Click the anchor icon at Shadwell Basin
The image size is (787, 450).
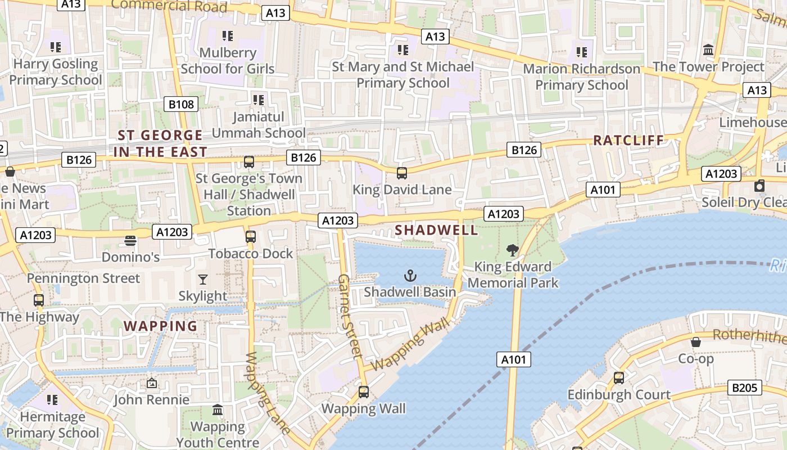point(410,276)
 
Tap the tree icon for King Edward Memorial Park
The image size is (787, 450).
point(512,250)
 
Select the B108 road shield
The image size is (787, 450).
point(181,104)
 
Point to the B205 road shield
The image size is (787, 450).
point(745,388)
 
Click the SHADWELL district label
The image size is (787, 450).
point(436,230)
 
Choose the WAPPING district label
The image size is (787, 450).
point(160,326)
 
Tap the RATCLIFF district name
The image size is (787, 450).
point(628,141)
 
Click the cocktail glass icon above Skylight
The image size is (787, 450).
point(203,280)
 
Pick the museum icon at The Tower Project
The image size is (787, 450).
point(708,50)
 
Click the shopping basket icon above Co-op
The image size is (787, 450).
point(696,342)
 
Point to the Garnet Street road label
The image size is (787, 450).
point(349,316)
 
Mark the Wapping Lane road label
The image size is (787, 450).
point(268,393)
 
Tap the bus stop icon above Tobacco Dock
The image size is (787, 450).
point(251,237)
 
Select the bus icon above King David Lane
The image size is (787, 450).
point(401,173)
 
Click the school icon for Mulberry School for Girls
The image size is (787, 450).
point(227,36)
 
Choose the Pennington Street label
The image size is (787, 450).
point(84,278)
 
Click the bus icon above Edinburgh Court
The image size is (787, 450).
point(619,378)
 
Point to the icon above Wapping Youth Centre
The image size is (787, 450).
point(218,410)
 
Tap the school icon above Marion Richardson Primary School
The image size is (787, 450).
point(581,52)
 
